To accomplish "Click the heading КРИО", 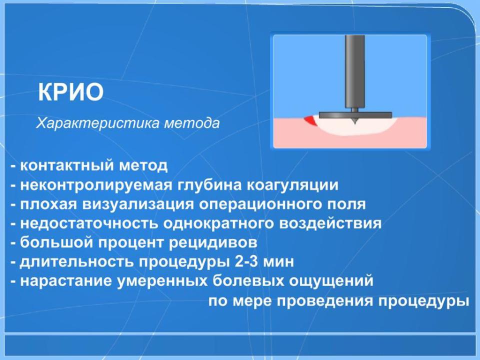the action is tap(70, 92).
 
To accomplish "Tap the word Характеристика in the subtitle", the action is tap(98, 123).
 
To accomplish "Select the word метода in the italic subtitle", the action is tap(192, 123).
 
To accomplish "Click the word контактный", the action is tap(67, 165).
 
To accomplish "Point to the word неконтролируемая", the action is tap(96, 185).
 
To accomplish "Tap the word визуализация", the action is tap(138, 204).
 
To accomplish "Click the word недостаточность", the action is tap(89, 224).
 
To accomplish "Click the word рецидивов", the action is tap(213, 243).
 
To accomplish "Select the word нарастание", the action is tap(66, 281).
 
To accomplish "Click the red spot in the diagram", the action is tap(310, 120).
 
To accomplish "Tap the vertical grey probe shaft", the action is tap(354, 71).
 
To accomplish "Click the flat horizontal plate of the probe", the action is tap(355, 115).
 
